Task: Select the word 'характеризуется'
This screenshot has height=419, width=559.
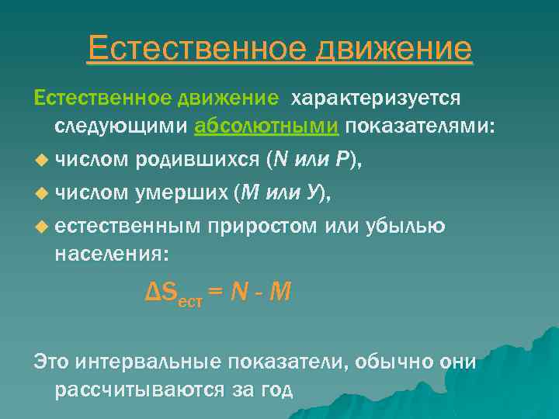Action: click(376, 99)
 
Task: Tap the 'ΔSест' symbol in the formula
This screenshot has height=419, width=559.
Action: click(175, 294)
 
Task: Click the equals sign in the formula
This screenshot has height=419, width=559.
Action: click(216, 293)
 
